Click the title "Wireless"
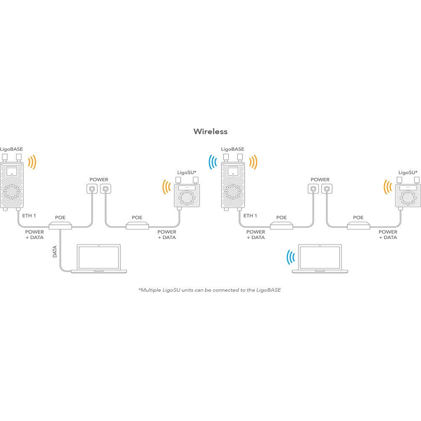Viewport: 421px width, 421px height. [210, 131]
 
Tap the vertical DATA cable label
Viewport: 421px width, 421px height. [55, 252]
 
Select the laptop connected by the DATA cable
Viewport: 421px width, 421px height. [99, 258]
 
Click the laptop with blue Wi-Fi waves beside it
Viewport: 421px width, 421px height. [320, 258]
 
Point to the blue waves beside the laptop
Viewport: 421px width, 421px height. [290, 257]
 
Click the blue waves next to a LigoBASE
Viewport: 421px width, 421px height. [213, 162]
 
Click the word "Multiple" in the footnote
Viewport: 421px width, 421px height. [151, 290]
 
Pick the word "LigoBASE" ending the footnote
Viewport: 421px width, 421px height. [269, 290]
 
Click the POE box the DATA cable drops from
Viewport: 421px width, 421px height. [60, 226]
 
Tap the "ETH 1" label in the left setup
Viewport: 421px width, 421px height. [29, 216]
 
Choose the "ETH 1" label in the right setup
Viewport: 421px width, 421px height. [250, 216]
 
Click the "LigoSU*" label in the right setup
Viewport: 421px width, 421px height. [408, 173]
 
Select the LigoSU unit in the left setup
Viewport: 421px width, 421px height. [187, 192]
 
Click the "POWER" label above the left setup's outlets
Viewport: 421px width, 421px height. [99, 180]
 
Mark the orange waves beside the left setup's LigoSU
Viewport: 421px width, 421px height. [166, 187]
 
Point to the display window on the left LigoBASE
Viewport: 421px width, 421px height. [11, 171]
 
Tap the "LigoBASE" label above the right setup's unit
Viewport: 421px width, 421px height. [232, 149]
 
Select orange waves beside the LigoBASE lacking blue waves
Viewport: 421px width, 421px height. [32, 162]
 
